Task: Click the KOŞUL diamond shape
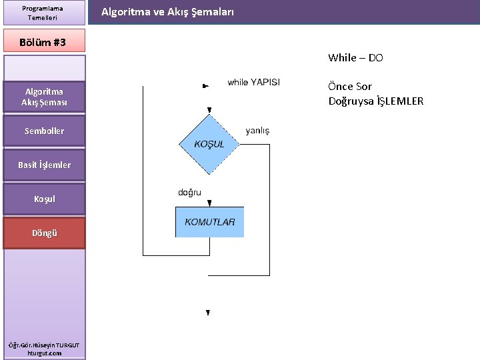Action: click(209, 144)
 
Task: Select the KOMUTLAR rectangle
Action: click(209, 222)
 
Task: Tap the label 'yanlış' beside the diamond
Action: click(257, 131)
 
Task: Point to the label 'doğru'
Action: click(189, 193)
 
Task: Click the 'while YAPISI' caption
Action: click(253, 83)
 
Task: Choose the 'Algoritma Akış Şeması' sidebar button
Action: click(44, 97)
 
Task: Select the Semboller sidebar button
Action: click(44, 131)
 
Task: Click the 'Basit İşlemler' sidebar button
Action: click(44, 165)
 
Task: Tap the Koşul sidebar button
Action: click(44, 199)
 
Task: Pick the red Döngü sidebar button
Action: click(44, 233)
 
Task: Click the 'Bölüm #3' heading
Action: click(44, 42)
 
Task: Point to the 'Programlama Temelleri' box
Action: click(44, 13)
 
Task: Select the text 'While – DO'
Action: click(355, 58)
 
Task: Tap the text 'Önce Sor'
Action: click(350, 87)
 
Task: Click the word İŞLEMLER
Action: click(400, 101)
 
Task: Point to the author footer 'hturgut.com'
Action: click(44, 353)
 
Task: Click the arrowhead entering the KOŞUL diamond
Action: click(209, 110)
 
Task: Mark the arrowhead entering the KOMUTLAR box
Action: click(209, 203)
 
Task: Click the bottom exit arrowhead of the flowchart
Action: click(208, 312)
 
